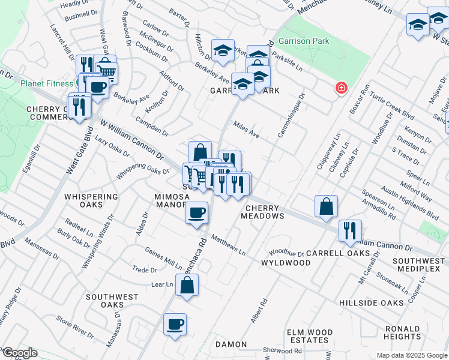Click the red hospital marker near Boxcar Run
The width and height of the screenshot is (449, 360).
(x=341, y=88)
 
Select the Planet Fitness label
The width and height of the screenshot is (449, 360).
(x=47, y=83)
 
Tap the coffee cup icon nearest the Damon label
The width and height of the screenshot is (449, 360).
(x=175, y=325)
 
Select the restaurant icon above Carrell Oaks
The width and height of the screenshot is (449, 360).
(x=349, y=230)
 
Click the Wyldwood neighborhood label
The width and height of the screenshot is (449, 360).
(x=286, y=263)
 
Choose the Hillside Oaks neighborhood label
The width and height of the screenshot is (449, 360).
(x=370, y=303)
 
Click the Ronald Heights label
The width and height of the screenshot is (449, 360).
(x=402, y=333)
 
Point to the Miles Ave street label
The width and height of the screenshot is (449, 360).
(x=246, y=130)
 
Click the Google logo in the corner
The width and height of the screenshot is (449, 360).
(x=19, y=353)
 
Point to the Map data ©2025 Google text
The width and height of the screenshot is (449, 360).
(x=411, y=355)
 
